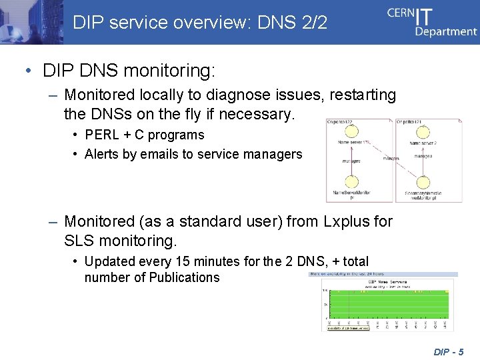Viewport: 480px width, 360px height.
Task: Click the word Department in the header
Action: point(446,31)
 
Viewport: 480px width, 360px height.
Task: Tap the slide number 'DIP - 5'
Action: point(448,351)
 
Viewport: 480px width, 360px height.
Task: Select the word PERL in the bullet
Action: point(100,135)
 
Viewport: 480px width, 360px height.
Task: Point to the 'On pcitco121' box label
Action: point(410,122)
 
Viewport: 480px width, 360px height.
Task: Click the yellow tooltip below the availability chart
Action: point(346,328)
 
